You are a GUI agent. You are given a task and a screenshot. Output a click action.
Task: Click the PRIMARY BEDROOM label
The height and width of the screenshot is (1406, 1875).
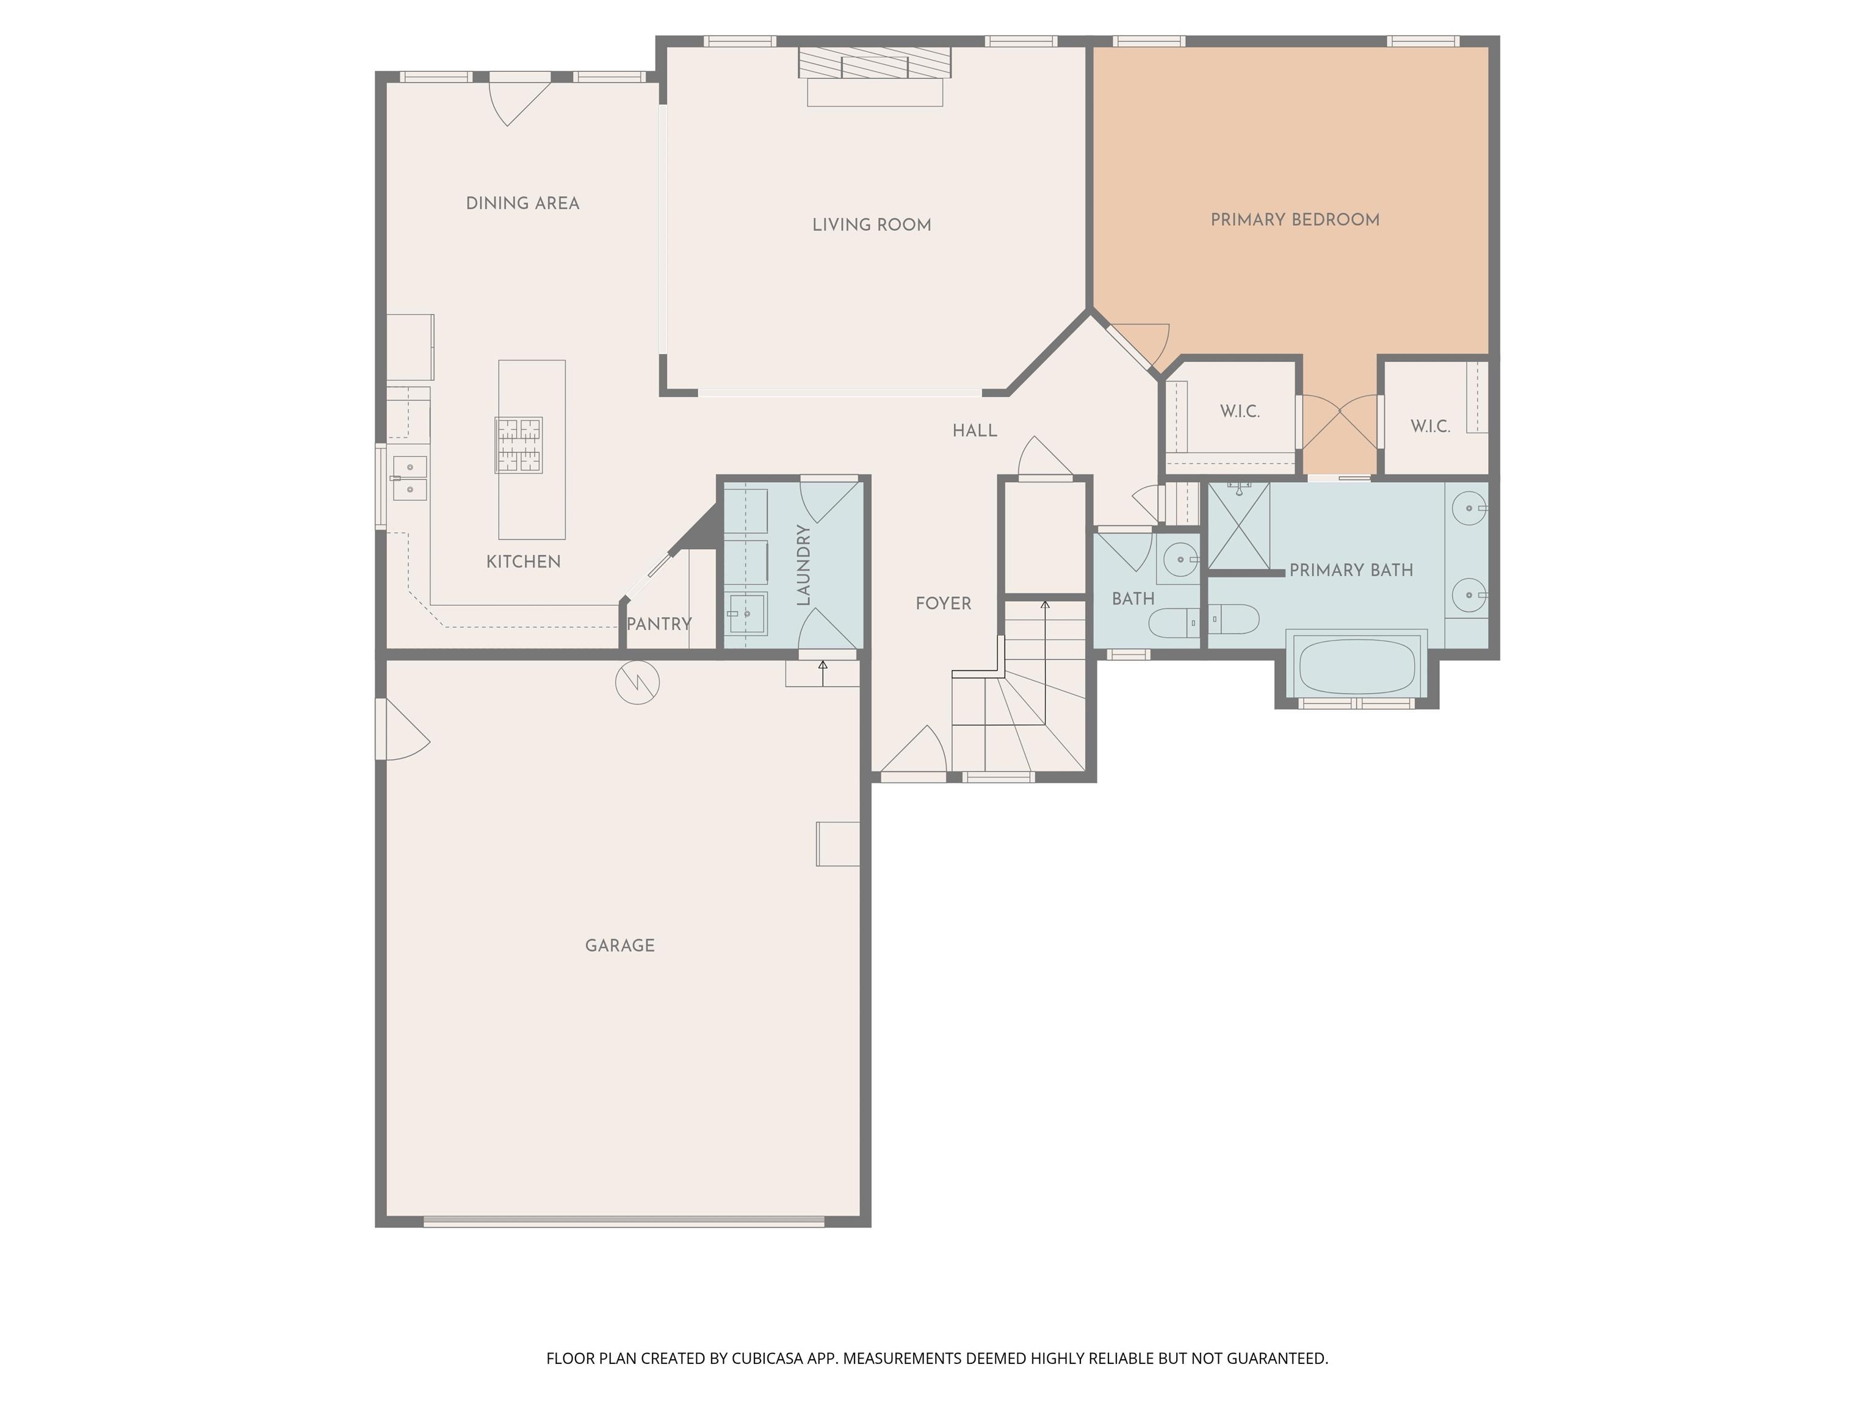(1295, 220)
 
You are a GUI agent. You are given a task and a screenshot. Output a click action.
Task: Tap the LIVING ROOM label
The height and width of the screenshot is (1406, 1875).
(872, 225)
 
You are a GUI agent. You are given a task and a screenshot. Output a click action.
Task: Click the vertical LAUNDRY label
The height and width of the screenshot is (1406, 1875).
(804, 565)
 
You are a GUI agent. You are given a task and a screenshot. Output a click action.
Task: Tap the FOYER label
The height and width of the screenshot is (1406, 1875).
(944, 604)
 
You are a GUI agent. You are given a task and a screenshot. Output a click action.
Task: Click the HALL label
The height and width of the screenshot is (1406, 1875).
(975, 431)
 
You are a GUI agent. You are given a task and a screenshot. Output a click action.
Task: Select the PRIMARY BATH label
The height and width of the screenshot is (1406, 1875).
(1351, 571)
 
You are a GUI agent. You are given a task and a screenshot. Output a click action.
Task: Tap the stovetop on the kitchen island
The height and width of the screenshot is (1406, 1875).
(519, 445)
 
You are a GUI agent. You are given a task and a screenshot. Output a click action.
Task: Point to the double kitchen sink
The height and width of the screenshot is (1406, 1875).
(410, 478)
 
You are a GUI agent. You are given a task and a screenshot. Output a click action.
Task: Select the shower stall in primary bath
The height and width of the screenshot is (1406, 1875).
(1238, 525)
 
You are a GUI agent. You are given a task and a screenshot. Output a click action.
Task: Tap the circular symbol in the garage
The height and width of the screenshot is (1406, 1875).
(637, 682)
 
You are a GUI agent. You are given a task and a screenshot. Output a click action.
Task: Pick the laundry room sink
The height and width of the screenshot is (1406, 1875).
(746, 613)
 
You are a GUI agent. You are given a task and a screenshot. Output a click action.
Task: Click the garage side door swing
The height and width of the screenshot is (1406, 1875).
(403, 729)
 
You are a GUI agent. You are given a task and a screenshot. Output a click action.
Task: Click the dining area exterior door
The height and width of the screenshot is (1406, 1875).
(519, 100)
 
